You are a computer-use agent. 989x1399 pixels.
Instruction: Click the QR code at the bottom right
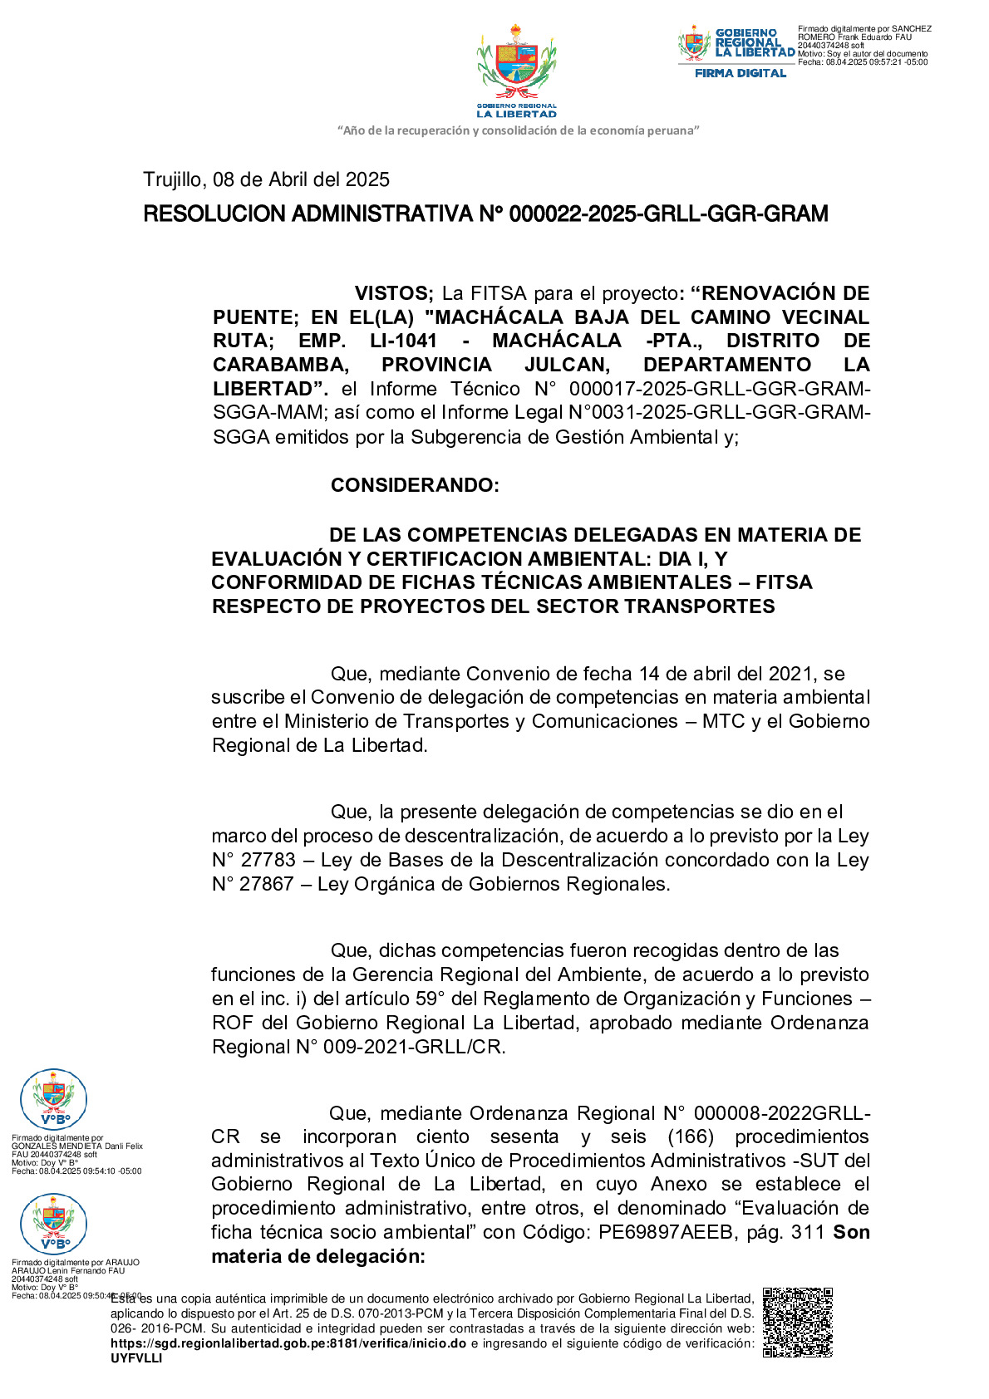pyautogui.click(x=797, y=1322)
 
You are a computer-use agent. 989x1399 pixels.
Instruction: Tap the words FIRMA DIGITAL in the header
pyautogui.click(x=740, y=73)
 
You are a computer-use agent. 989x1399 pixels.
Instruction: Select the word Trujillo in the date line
pyautogui.click(x=172, y=179)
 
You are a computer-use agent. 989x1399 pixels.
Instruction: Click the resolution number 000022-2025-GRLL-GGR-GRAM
pyautogui.click(x=668, y=214)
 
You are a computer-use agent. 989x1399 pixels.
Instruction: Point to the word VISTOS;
pyautogui.click(x=394, y=293)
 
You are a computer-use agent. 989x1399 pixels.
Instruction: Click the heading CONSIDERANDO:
pyautogui.click(x=415, y=485)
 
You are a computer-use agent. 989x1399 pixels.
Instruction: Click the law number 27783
pyautogui.click(x=268, y=860)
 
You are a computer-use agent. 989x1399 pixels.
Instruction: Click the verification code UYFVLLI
pyautogui.click(x=136, y=1358)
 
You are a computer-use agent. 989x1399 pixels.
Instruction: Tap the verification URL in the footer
pyautogui.click(x=288, y=1343)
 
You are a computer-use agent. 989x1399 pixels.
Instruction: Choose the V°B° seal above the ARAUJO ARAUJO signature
pyautogui.click(x=53, y=1224)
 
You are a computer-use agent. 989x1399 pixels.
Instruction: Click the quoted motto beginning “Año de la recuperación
pyautogui.click(x=518, y=130)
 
